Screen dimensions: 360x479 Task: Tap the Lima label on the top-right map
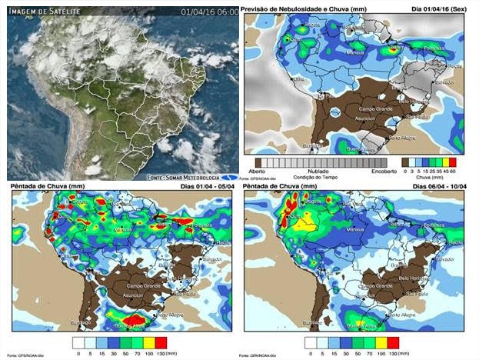tap(299, 79)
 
